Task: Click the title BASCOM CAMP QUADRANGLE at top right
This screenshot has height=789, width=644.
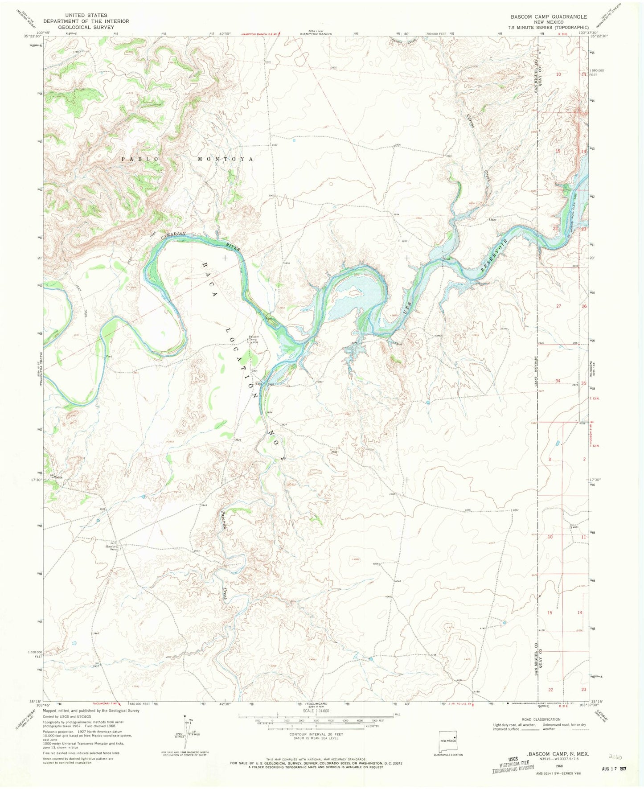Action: tap(549, 16)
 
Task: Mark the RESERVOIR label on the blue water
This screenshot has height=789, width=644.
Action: tap(495, 256)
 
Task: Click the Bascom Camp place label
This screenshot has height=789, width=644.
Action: tap(254, 338)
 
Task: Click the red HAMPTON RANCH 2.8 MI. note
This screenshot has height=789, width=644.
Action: tap(260, 33)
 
